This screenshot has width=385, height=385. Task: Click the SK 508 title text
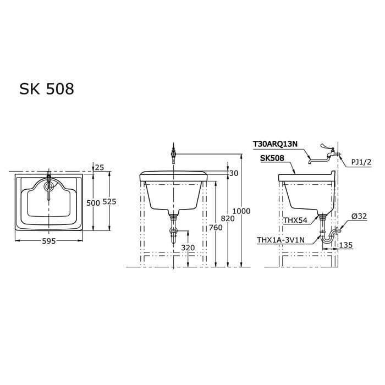pyautogui.click(x=47, y=89)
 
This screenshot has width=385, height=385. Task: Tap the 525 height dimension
pyautogui.click(x=110, y=202)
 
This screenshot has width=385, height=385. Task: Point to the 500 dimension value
pyautogui.click(x=93, y=202)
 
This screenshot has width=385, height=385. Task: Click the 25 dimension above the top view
pyautogui.click(x=99, y=167)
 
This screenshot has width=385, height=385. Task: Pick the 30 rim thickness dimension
pyautogui.click(x=233, y=173)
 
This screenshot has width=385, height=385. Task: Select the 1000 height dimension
pyautogui.click(x=241, y=211)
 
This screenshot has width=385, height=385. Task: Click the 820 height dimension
pyautogui.click(x=228, y=218)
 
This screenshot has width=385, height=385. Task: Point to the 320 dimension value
pyautogui.click(x=188, y=248)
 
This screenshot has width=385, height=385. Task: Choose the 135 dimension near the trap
pyautogui.click(x=345, y=245)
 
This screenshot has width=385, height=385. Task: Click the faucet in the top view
pyautogui.click(x=49, y=184)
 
